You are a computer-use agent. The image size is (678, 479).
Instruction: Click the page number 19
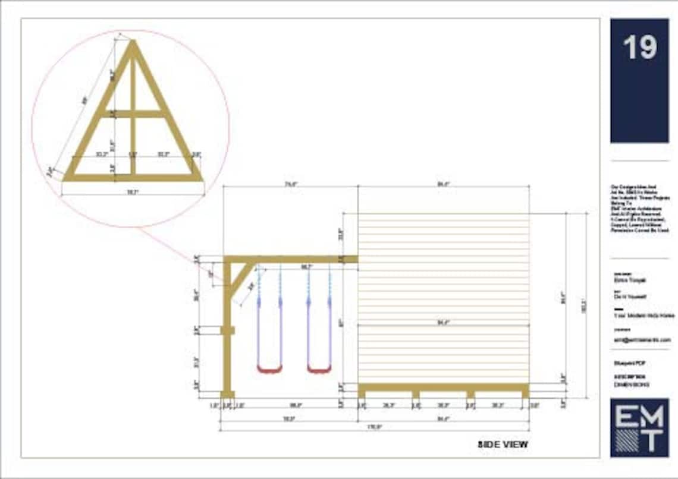pyautogui.click(x=639, y=48)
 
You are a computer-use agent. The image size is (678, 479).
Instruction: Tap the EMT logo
pyautogui.click(x=639, y=427)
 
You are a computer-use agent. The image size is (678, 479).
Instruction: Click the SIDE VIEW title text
pyautogui.click(x=503, y=444)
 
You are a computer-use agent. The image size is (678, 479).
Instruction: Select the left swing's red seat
pyautogui.click(x=269, y=369)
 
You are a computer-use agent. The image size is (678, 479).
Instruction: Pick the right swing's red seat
pyautogui.click(x=319, y=369)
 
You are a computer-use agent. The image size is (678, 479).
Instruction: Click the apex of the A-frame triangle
pyautogui.click(x=132, y=43)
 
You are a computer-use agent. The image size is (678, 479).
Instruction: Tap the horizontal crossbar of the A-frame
pyautogui.click(x=132, y=114)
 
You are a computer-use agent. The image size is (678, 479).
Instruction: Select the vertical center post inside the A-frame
pyautogui.click(x=133, y=143)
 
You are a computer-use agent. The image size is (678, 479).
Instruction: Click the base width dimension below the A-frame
pyautogui.click(x=133, y=192)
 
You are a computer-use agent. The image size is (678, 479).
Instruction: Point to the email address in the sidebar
pyautogui.click(x=642, y=339)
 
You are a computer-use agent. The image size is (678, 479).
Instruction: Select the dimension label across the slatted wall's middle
pyautogui.click(x=444, y=323)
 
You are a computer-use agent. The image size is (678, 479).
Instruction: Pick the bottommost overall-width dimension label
pyautogui.click(x=375, y=426)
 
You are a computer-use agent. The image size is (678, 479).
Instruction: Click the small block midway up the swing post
pyautogui.click(x=227, y=330)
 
